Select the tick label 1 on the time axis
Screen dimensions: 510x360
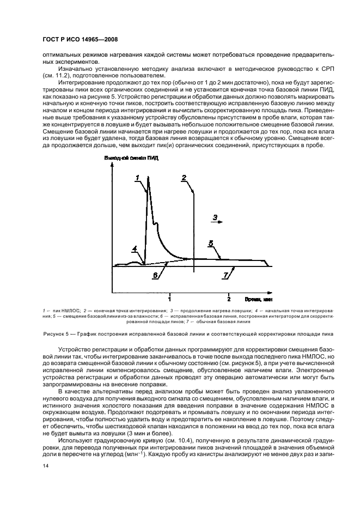pyautogui.click(x=170, y=299)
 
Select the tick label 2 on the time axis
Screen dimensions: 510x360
pyautogui.click(x=229, y=299)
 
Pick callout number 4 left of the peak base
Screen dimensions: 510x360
pyautogui.click(x=135, y=249)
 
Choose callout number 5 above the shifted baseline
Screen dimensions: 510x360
pyautogui.click(x=210, y=244)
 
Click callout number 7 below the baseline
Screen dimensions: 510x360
pyautogui.click(x=225, y=276)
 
